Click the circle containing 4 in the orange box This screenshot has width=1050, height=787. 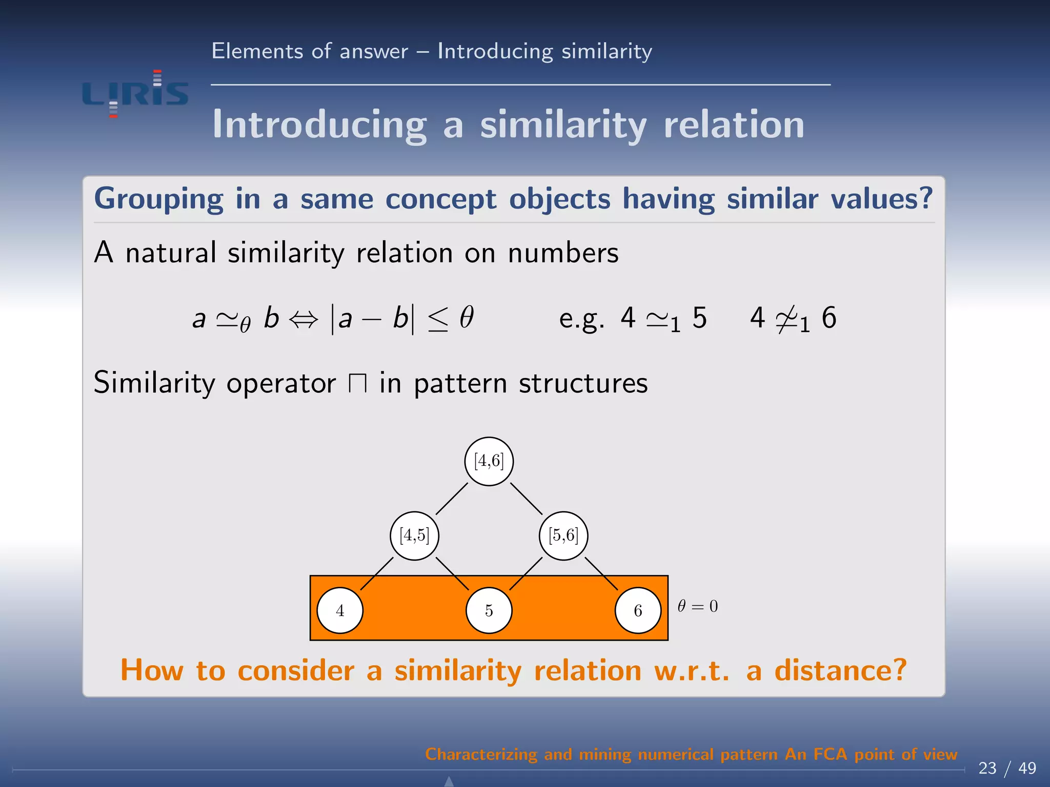coord(340,610)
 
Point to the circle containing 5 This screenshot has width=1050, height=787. coord(489,610)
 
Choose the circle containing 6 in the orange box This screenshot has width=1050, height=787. coord(638,610)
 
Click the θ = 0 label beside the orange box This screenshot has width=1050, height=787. coord(698,606)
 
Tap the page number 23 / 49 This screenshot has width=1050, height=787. coord(1007,768)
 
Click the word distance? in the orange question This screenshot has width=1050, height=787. coord(841,670)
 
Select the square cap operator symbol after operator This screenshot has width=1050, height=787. coord(357,383)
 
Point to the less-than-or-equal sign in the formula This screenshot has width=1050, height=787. coord(438,319)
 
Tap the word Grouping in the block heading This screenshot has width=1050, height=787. coord(158,199)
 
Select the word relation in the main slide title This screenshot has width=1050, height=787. coord(734,125)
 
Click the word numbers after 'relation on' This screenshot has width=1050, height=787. coord(563,253)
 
